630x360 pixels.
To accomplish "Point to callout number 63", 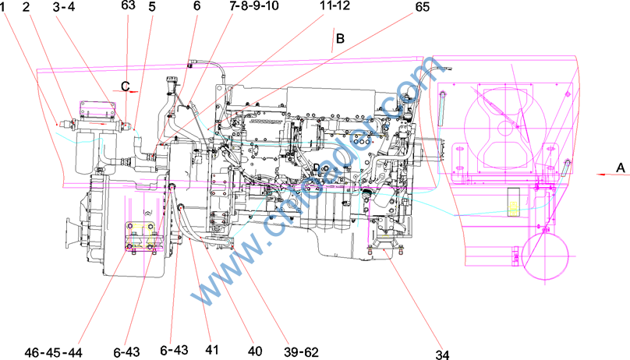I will click(129, 5).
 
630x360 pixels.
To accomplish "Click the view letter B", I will click(339, 37).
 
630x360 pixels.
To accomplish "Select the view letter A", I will click(621, 168).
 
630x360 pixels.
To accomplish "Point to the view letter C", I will click(124, 84).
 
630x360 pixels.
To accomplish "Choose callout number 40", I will click(254, 350).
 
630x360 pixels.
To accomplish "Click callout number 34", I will click(443, 355).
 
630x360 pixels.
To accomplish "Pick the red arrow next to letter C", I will click(132, 91).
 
